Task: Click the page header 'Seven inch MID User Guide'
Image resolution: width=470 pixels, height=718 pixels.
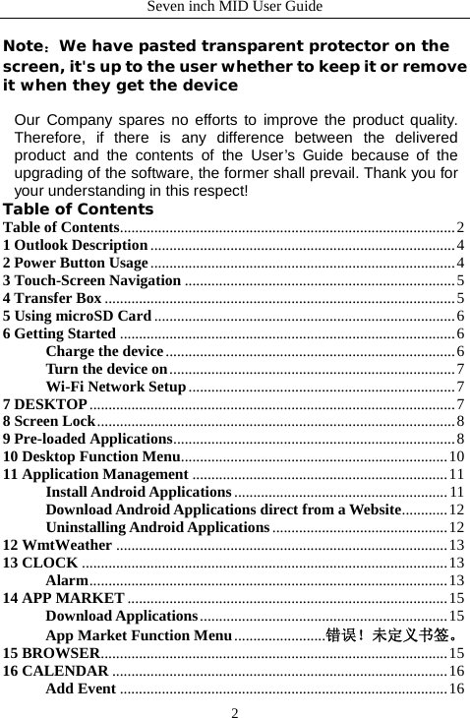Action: pyautogui.click(x=234, y=8)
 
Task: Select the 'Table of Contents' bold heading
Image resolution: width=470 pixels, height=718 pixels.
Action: pyautogui.click(x=79, y=209)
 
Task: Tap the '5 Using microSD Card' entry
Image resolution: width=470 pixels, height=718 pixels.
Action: pyautogui.click(x=77, y=316)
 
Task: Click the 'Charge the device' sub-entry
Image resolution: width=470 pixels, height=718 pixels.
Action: pyautogui.click(x=104, y=351)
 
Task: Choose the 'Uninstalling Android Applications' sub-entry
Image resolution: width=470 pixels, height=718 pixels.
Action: pyautogui.click(x=157, y=528)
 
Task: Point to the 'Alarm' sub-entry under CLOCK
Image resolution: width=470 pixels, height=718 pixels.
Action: pyautogui.click(x=68, y=580)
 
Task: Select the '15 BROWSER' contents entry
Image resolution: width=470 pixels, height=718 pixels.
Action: pyautogui.click(x=50, y=652)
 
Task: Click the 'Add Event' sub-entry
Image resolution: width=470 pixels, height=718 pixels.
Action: pyautogui.click(x=82, y=688)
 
